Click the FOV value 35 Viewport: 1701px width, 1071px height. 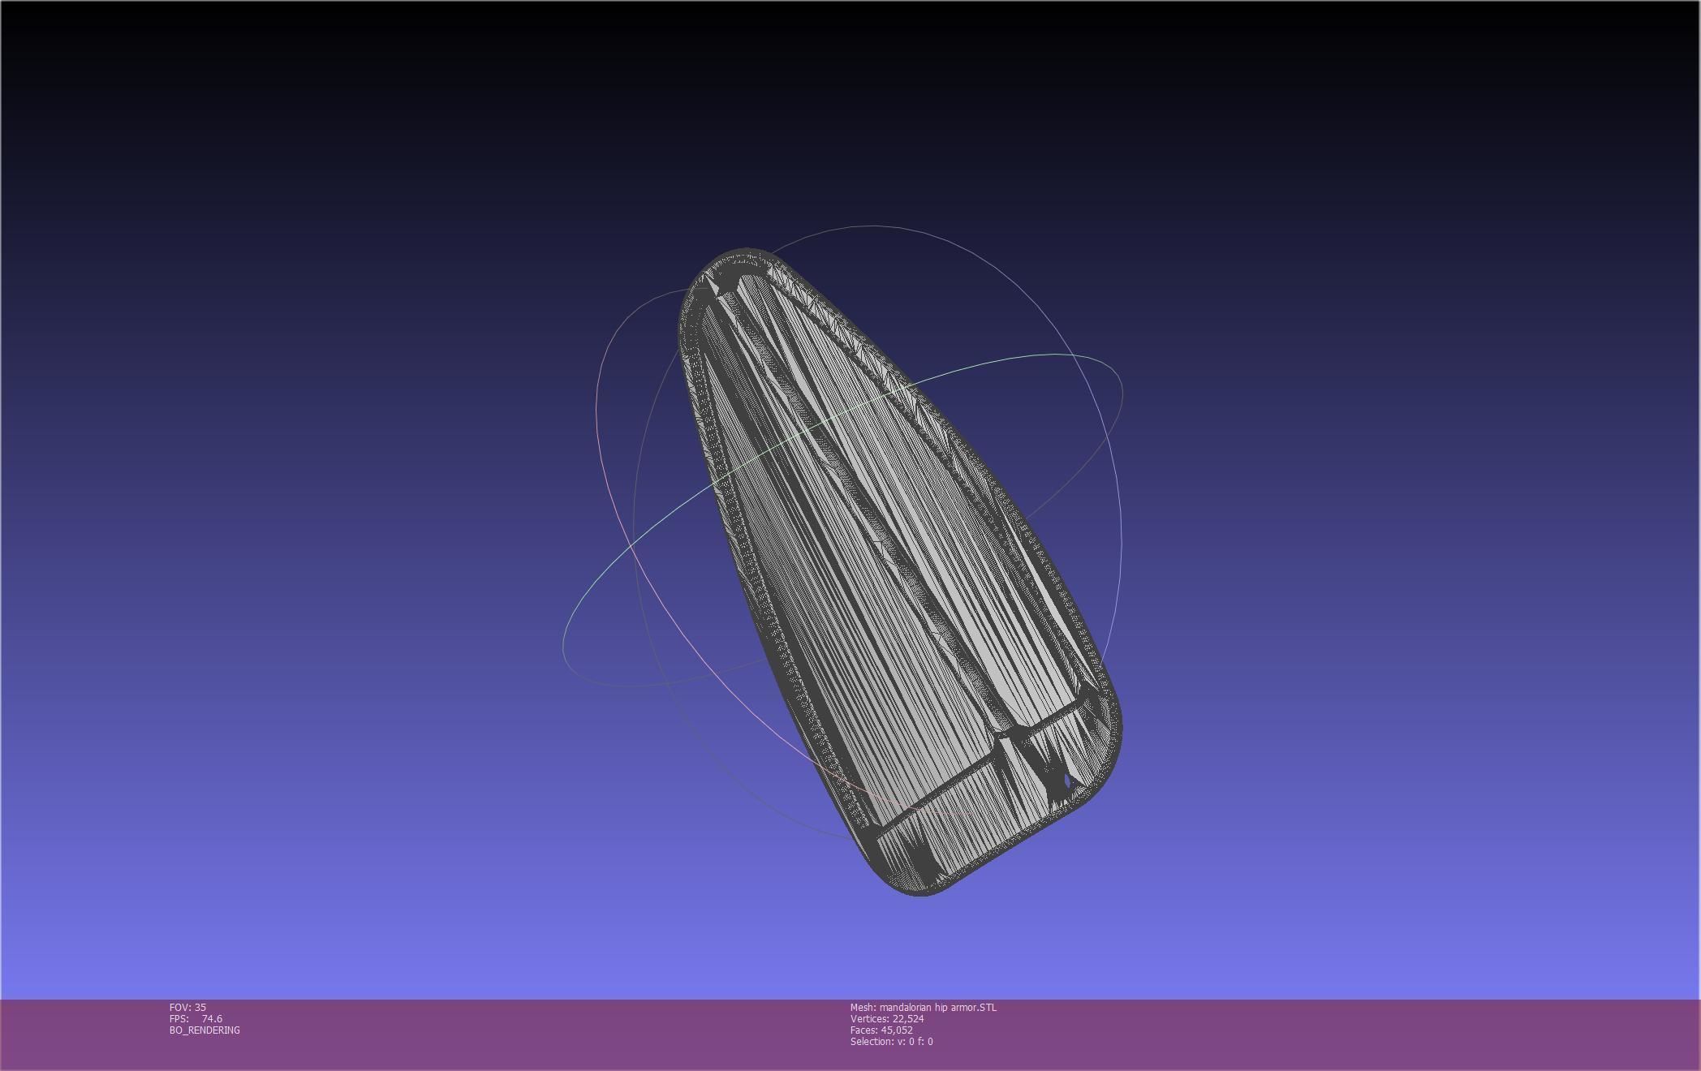[200, 1007]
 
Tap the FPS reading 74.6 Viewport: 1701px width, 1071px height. [212, 1018]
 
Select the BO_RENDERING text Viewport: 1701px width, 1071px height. [205, 1030]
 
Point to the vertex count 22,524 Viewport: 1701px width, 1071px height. [907, 1018]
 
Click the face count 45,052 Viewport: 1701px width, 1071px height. [896, 1030]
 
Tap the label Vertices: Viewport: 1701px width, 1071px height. [869, 1018]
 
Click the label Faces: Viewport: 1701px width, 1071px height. [863, 1030]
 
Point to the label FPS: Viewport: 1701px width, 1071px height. [179, 1018]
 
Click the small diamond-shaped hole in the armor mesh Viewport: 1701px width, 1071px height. [1067, 781]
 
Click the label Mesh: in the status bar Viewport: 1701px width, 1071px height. [863, 1007]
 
